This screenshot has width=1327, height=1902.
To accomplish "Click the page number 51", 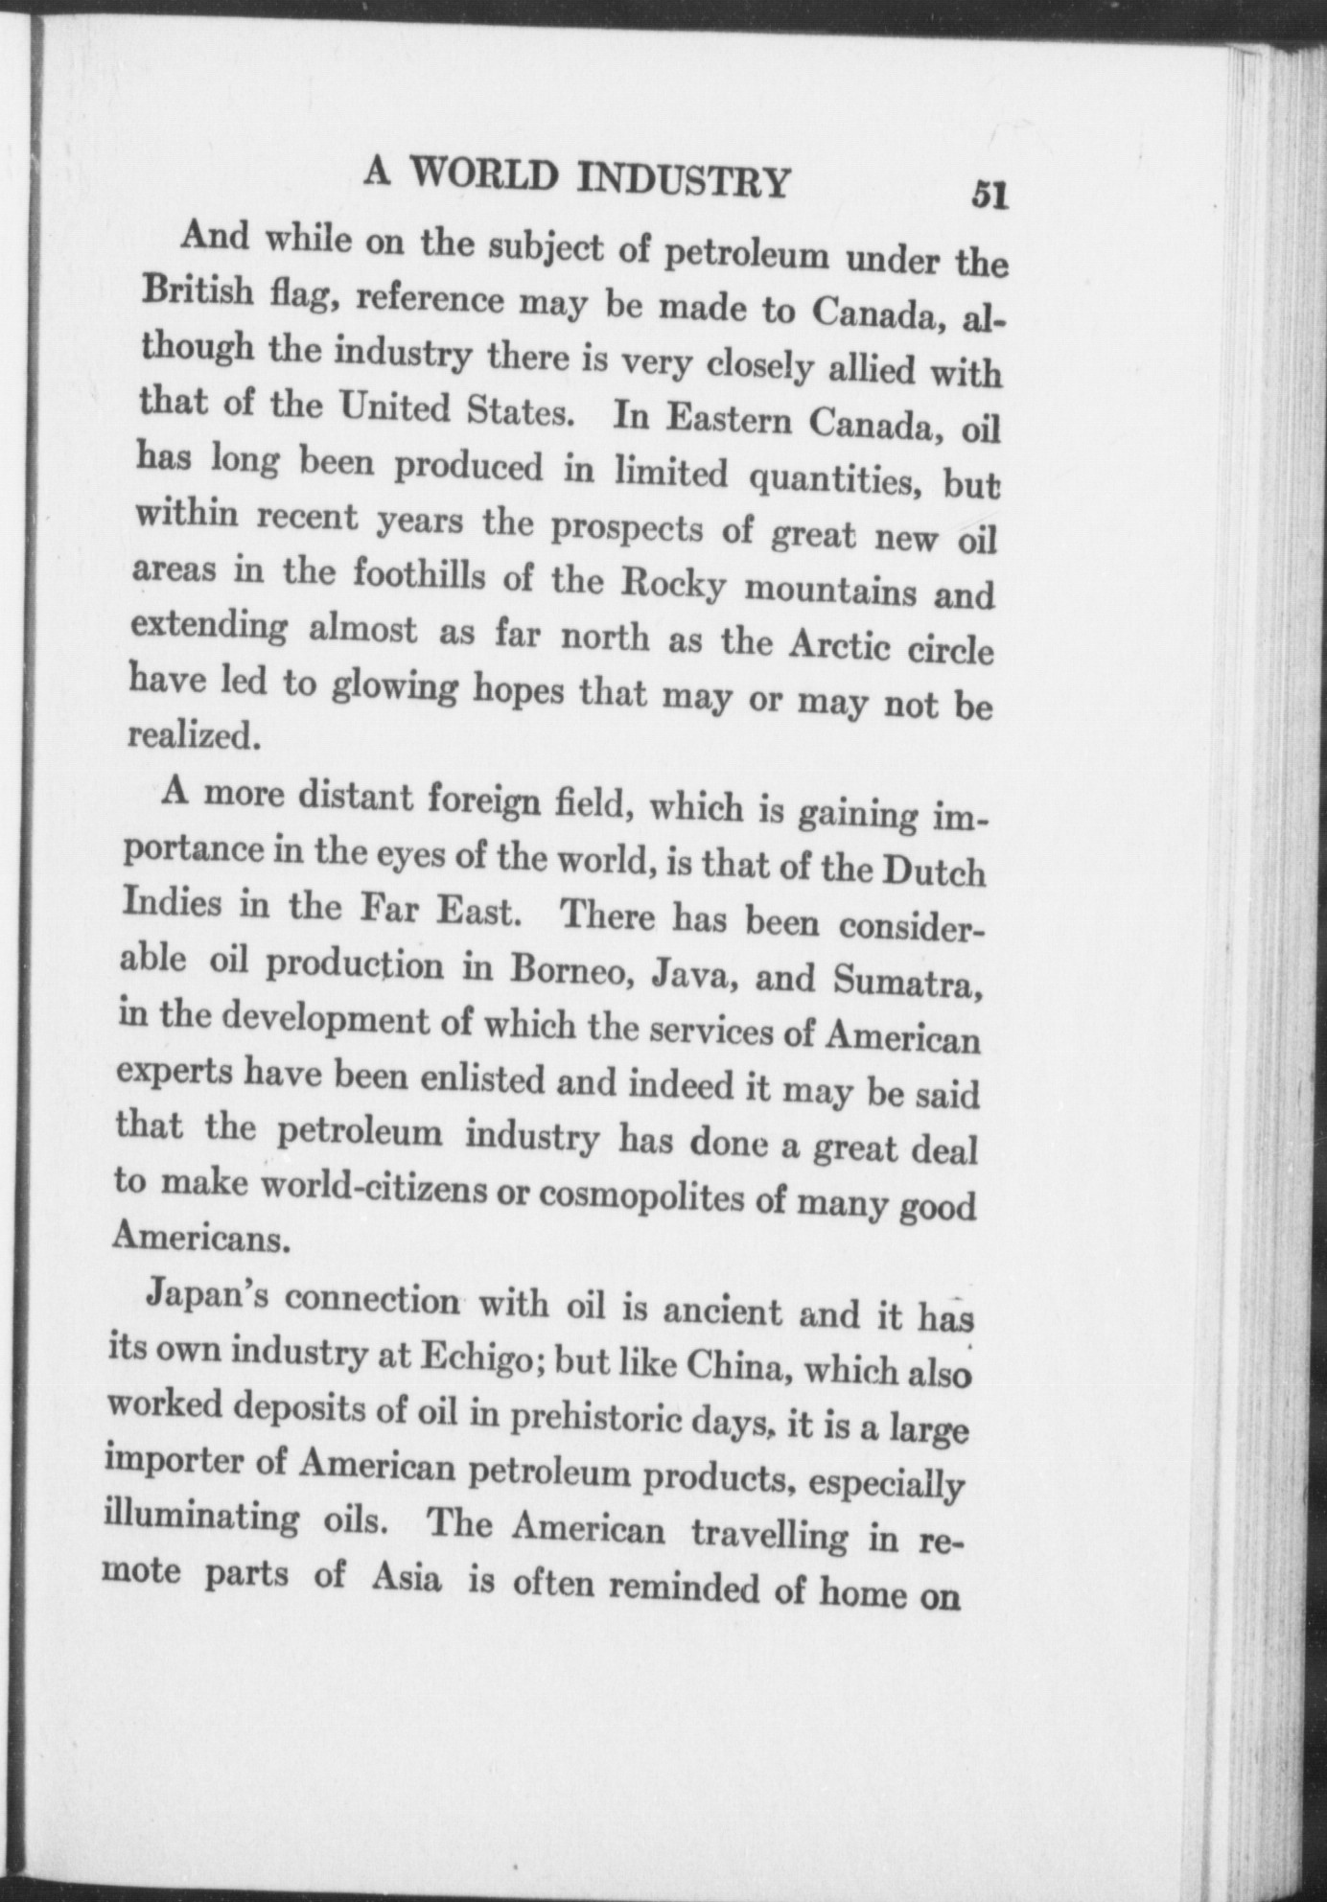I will (x=989, y=195).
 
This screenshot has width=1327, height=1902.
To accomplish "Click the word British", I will (x=198, y=291).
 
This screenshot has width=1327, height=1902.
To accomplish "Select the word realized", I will (x=195, y=735).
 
